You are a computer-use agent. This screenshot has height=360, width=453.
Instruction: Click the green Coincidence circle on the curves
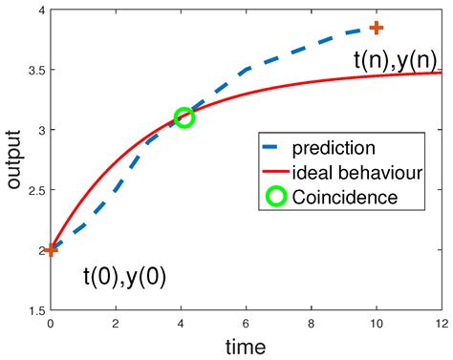(184, 117)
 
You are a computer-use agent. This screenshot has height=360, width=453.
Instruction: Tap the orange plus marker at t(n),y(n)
(377, 28)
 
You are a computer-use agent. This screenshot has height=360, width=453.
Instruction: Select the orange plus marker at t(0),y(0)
(51, 250)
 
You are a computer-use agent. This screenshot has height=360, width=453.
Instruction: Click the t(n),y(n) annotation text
(396, 60)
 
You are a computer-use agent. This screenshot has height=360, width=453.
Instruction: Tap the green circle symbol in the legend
(277, 198)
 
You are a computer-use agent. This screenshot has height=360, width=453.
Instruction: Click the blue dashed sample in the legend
(277, 148)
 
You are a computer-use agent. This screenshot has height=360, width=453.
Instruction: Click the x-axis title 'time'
(247, 346)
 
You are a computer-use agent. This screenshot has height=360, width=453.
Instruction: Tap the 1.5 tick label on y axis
(33, 310)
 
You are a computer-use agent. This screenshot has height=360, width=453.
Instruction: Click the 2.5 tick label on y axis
(33, 190)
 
